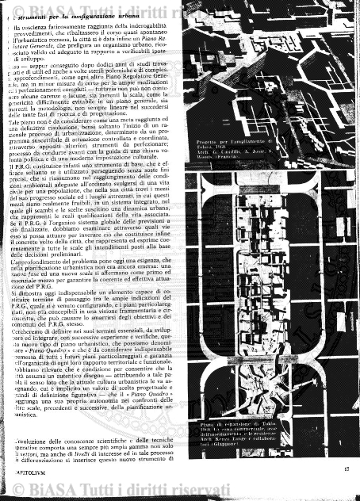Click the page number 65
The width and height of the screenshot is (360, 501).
pyautogui.click(x=346, y=469)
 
